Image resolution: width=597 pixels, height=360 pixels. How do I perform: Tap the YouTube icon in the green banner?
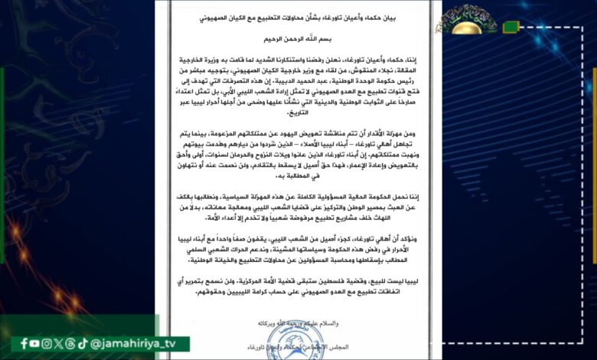tap(36, 344)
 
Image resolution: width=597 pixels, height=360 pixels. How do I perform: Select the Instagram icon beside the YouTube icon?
tap(47, 344)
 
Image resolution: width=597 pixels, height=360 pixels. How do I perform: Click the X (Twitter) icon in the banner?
tap(59, 344)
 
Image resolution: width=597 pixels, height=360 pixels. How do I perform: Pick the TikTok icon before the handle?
tap(83, 344)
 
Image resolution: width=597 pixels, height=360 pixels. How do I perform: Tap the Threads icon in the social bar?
tap(70, 344)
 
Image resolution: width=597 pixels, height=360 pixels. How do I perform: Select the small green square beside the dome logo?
tap(511, 28)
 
